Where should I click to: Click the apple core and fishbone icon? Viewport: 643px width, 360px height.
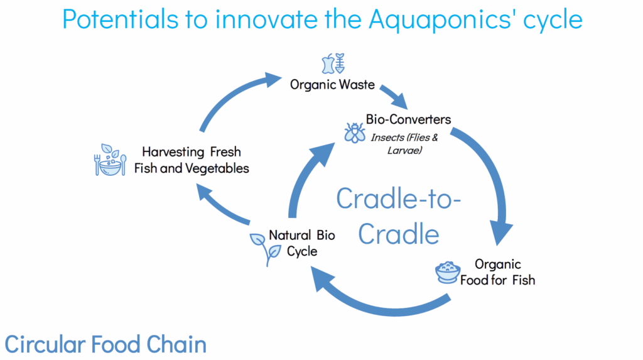click(x=333, y=63)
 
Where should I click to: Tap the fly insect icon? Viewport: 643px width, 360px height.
click(x=355, y=133)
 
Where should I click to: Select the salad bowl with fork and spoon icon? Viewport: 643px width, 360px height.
click(x=110, y=160)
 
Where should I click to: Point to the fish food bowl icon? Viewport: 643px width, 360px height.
click(x=447, y=273)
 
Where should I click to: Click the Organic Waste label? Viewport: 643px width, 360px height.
click(x=332, y=85)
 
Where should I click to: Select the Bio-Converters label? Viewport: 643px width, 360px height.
click(x=408, y=119)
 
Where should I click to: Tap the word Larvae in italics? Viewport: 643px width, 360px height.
click(x=405, y=150)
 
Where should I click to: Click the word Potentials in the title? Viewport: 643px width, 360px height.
click(x=121, y=19)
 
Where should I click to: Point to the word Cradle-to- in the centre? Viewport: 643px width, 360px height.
click(x=399, y=199)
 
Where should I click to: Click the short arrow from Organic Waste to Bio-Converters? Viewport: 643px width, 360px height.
click(x=393, y=96)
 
